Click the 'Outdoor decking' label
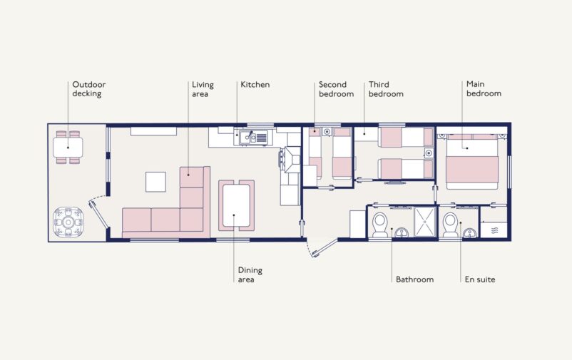tap(88, 88)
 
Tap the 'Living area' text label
tap(203, 88)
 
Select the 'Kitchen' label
tap(255, 85)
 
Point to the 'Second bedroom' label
tap(336, 88)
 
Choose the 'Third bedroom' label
tap(386, 88)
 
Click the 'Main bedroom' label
tap(484, 88)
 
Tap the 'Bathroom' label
tap(414, 279)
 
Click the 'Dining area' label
tap(250, 274)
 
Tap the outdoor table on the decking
tap(68, 148)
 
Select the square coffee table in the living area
tap(155, 182)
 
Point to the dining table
tap(236, 205)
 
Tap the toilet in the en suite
tap(451, 224)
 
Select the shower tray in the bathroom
tap(425, 222)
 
